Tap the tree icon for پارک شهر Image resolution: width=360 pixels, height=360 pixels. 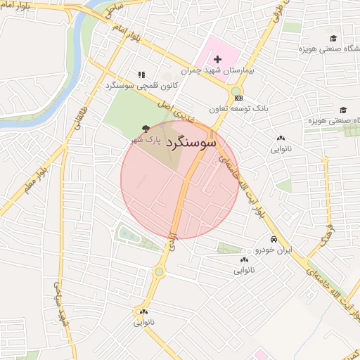pos(145,129)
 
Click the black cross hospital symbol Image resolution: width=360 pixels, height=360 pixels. pos(217,58)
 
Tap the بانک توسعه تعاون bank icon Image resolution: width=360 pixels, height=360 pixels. pos(239,98)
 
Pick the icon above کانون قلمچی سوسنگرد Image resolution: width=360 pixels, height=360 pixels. pos(141,75)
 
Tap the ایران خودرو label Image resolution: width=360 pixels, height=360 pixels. pos(273,250)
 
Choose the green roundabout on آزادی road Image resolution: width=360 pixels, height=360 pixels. pos(160,272)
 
